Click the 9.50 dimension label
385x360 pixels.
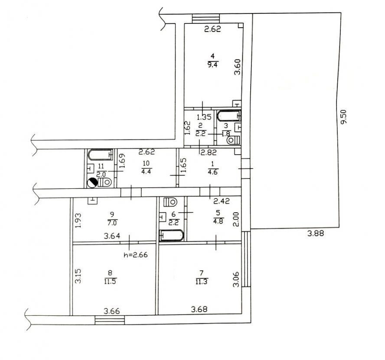[343, 117]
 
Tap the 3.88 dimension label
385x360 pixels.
[316, 233]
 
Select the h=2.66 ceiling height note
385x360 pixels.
[136, 255]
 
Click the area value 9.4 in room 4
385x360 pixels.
[212, 65]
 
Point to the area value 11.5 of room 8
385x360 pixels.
[110, 281]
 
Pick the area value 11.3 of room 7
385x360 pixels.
[201, 281]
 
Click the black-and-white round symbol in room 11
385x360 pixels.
[92, 183]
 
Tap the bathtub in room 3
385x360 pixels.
[229, 116]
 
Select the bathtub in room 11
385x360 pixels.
[100, 155]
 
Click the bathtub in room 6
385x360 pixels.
[172, 236]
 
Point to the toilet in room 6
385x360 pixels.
[170, 202]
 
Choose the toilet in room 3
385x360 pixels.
[233, 140]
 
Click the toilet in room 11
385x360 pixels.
[105, 182]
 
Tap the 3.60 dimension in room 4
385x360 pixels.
[238, 67]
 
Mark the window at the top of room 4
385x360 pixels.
[206, 19]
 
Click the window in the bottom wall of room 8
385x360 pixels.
[110, 320]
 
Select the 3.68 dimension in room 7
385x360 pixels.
[199, 309]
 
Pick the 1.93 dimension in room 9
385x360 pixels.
[78, 220]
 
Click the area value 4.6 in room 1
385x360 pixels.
[212, 172]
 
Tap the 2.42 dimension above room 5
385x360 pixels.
[222, 201]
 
